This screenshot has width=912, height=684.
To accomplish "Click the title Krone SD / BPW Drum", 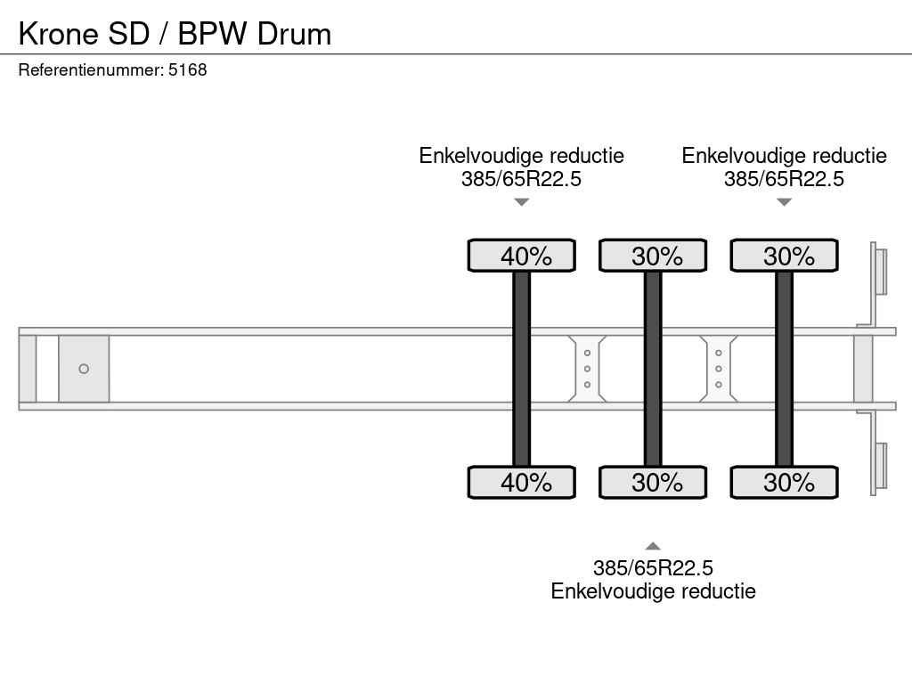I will click(175, 34).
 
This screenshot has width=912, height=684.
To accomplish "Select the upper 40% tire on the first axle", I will click(522, 256).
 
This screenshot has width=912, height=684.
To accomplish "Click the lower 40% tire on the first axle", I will click(522, 482).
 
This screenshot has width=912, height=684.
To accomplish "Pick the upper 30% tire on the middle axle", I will click(653, 256).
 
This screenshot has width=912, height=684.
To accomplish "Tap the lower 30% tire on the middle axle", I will click(653, 482).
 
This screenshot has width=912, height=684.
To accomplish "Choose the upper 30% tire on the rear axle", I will click(784, 256).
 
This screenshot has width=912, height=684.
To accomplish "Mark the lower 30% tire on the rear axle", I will click(784, 482).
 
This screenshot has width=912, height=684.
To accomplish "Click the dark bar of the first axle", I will click(522, 369).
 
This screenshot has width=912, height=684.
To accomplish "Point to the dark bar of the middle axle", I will click(653, 369).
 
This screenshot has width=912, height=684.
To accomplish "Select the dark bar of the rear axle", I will click(784, 369).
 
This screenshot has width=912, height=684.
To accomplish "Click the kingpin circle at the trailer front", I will click(84, 369).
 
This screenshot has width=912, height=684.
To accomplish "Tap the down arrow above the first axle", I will click(522, 202).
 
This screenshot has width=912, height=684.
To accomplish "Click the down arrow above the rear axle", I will click(784, 202).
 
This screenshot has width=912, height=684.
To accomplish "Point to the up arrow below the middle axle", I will click(653, 546).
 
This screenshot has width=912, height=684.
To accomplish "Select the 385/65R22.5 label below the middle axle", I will click(653, 568).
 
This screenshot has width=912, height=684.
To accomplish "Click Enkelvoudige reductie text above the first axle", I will click(522, 156).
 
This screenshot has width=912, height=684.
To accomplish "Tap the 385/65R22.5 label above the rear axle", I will click(784, 179).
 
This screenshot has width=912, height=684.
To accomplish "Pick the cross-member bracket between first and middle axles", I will click(587, 369).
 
